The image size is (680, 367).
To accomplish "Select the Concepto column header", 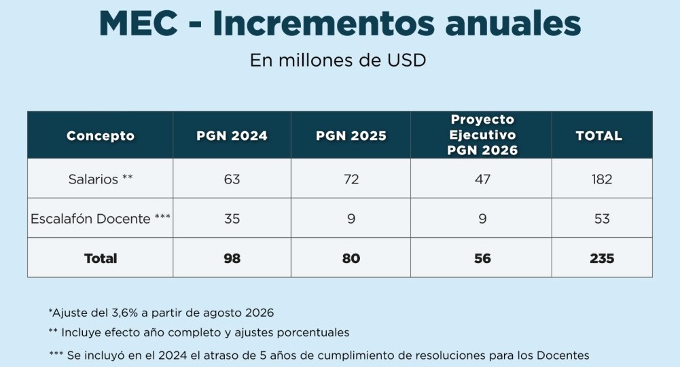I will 101,136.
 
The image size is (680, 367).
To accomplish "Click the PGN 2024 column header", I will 232,136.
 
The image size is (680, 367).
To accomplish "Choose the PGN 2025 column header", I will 351,136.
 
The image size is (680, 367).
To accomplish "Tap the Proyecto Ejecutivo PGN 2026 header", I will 482,135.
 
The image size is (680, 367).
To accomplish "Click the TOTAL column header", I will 598,136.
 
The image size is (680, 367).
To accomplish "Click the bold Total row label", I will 101,258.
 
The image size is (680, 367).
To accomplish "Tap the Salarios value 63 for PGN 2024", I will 232,179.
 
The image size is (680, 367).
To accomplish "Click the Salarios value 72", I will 351,179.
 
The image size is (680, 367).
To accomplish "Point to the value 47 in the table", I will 482,179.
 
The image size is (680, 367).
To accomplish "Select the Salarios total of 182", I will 601,179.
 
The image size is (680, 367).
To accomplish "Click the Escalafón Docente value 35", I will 232,219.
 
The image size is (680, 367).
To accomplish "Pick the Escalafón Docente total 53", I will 601,219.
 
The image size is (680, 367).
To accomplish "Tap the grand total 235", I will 601,258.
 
